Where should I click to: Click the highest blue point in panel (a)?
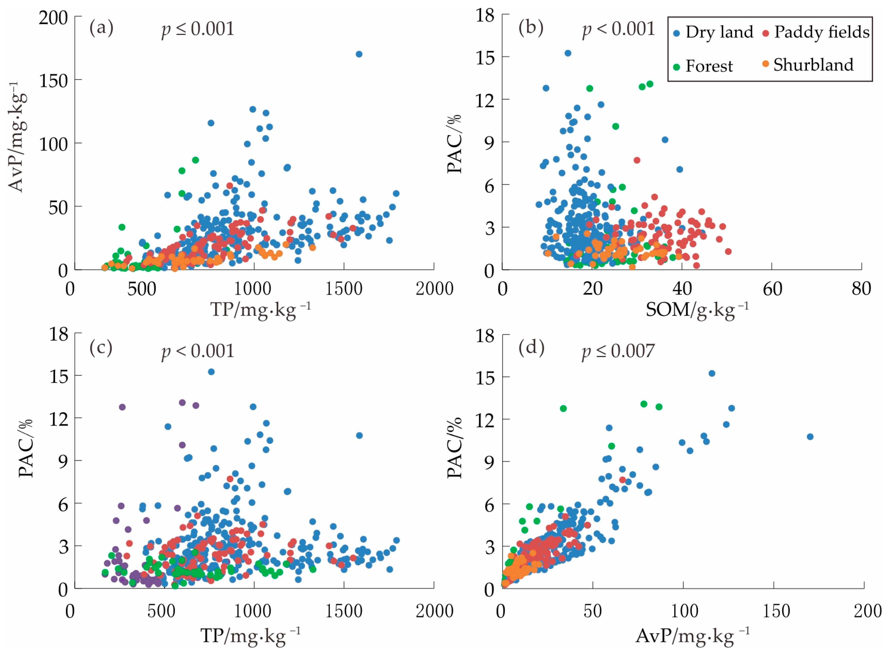[x=359, y=54]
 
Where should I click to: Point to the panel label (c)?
[x=101, y=348]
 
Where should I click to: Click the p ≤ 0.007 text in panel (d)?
[x=618, y=351]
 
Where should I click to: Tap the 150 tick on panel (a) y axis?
[x=53, y=81]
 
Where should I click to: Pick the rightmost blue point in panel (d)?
[x=810, y=437]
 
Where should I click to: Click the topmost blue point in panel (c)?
[x=211, y=372]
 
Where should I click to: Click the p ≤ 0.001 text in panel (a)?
[x=197, y=29]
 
